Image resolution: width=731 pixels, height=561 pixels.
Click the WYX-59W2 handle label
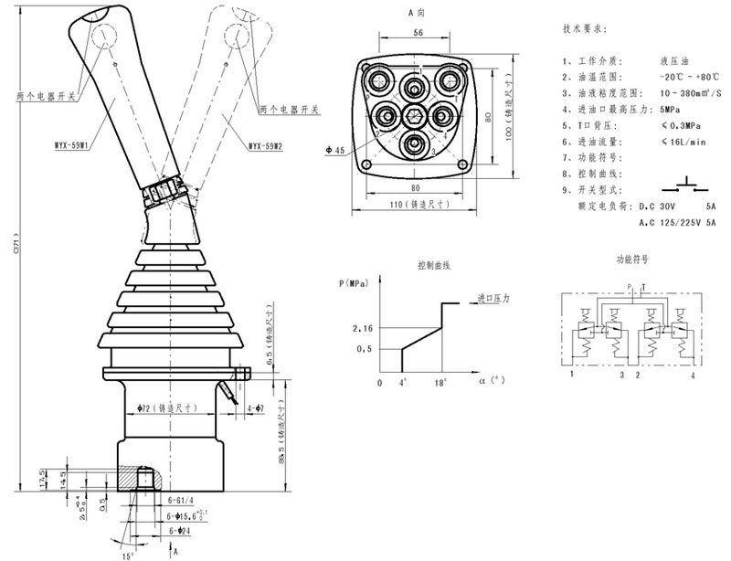(265, 145)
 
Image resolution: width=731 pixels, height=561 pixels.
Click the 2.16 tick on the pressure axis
(363, 326)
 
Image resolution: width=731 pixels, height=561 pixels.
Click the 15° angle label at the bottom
(128, 555)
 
